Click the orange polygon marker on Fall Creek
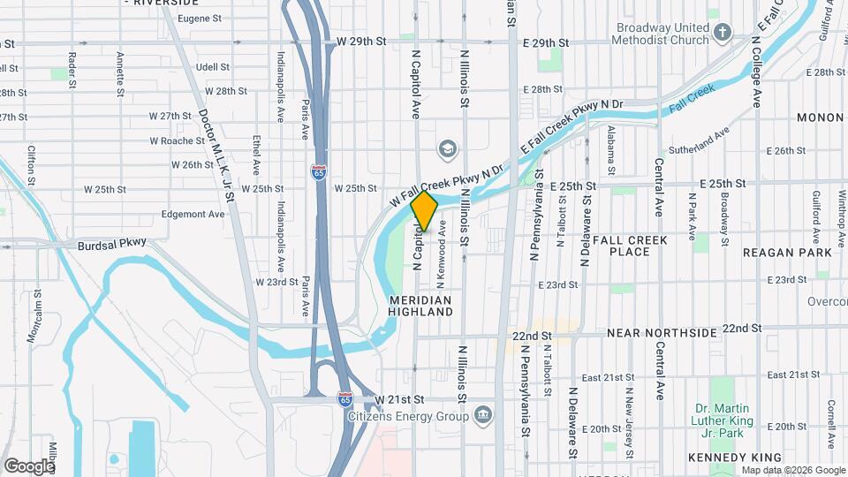425,211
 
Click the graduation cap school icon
448,148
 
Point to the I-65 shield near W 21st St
345,399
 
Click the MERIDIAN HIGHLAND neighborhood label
420,307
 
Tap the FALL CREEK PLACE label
634,246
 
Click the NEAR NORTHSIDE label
661,333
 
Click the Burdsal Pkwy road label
110,246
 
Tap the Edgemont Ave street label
193,214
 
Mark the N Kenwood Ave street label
441,261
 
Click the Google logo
29,466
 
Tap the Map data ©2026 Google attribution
791,470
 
